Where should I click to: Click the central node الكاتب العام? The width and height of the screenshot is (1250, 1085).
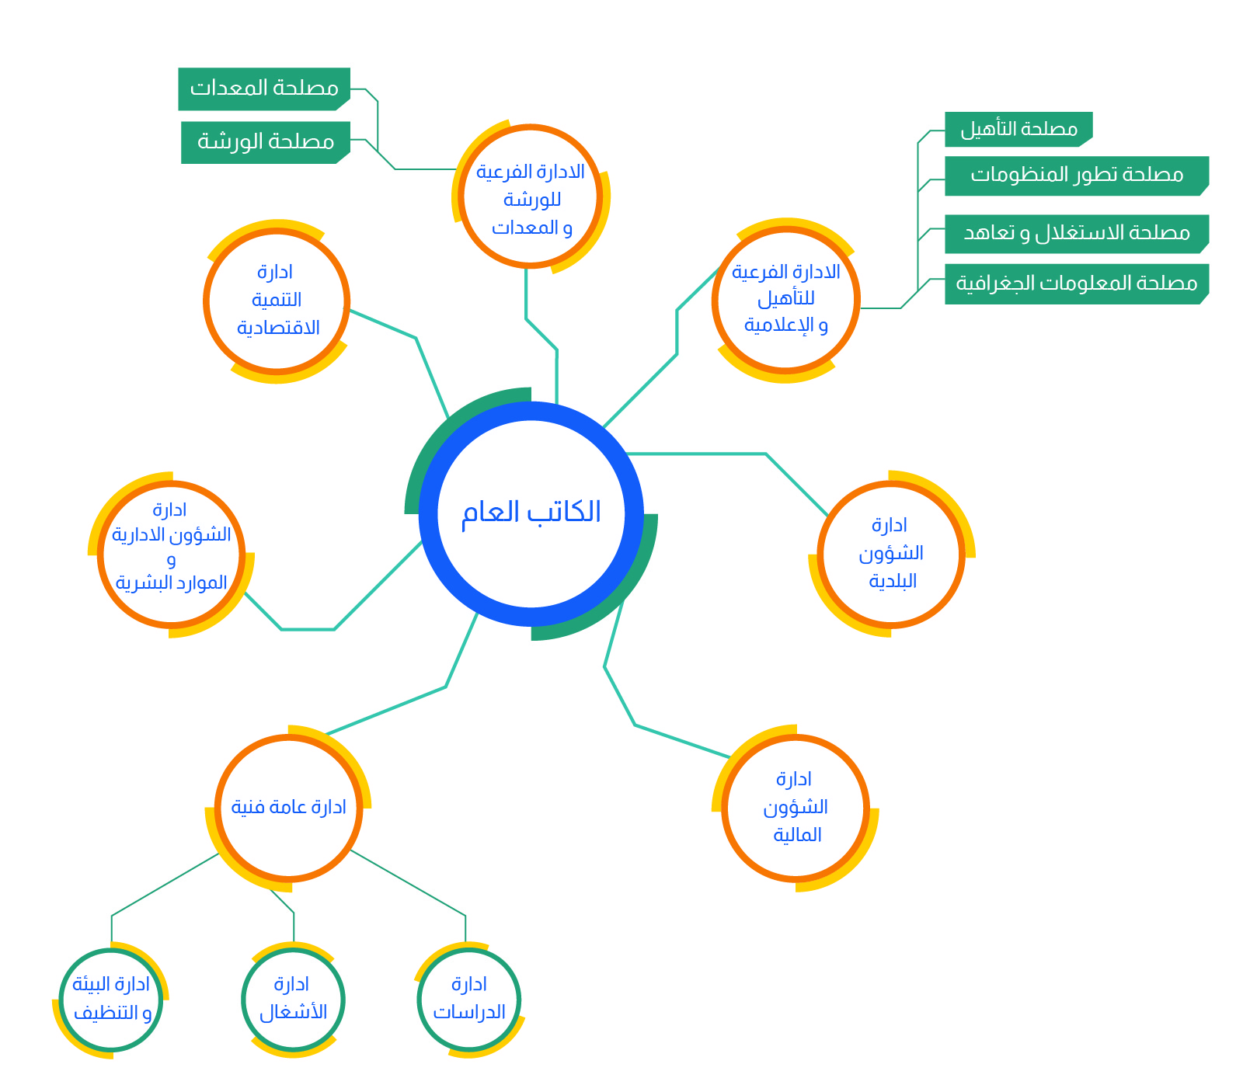(531, 513)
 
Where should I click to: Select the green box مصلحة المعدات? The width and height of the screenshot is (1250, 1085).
(264, 89)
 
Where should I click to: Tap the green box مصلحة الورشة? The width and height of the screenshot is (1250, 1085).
(266, 142)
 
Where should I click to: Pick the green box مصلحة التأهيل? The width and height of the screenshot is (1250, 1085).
(1018, 129)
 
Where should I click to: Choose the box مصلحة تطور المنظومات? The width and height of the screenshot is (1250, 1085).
(1077, 176)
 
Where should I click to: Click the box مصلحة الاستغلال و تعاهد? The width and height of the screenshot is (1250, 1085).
(1077, 234)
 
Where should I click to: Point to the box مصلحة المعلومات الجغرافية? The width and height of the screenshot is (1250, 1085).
(1077, 283)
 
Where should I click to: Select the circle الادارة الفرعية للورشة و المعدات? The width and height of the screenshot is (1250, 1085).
(531, 196)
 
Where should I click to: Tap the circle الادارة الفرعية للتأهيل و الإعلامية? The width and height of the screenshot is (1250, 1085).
(786, 300)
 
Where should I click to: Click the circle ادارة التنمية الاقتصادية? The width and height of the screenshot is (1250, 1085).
(277, 301)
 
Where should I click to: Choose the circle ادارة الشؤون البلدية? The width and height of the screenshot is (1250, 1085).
(891, 554)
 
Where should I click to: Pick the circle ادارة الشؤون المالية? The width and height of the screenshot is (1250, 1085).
(796, 808)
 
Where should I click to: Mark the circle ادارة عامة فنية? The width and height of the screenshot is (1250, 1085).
(288, 808)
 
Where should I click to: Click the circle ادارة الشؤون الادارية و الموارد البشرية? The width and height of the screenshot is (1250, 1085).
(172, 555)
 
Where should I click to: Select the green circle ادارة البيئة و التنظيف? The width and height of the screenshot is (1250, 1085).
(111, 1000)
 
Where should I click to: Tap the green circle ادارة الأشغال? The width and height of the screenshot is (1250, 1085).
(293, 1000)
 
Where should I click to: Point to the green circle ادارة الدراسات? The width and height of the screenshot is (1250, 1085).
(468, 1000)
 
